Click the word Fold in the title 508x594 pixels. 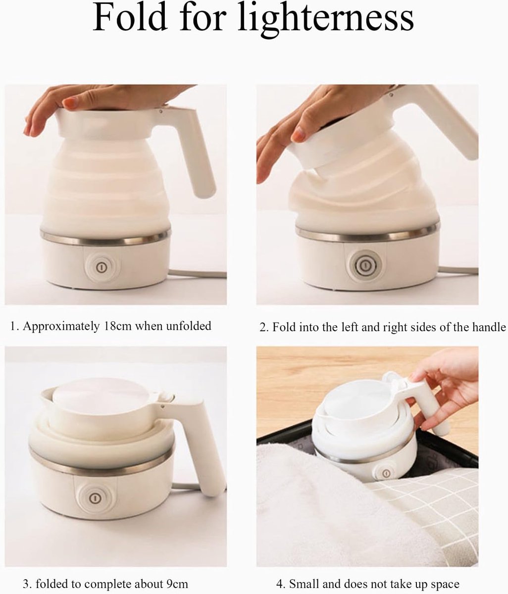click(x=130, y=17)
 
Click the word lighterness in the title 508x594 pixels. click(x=326, y=20)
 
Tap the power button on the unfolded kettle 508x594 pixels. click(x=101, y=267)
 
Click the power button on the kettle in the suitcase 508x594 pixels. click(x=386, y=473)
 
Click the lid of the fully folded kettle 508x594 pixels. click(x=101, y=396)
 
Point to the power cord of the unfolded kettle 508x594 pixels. click(x=197, y=274)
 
